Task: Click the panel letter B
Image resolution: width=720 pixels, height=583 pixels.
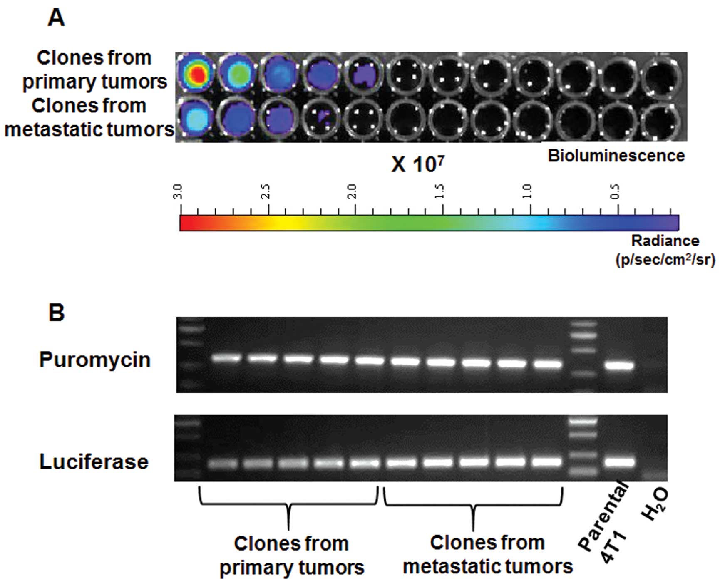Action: click(57, 313)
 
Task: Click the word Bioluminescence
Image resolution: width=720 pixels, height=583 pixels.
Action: click(616, 156)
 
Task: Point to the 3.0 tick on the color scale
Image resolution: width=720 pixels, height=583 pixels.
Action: click(179, 194)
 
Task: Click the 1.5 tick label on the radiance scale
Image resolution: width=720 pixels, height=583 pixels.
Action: click(440, 191)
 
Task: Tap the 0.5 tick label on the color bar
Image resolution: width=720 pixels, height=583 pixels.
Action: click(616, 191)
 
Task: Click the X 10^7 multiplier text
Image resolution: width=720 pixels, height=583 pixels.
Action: click(417, 165)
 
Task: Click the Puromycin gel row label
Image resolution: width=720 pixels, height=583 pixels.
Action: click(94, 360)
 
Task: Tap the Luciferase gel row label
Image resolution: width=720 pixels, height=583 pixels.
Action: click(94, 462)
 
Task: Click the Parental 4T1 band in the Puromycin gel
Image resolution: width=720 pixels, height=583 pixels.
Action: click(620, 366)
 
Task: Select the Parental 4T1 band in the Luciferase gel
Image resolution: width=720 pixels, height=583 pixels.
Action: click(620, 462)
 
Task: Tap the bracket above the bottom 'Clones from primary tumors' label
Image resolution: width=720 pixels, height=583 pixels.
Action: click(288, 504)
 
